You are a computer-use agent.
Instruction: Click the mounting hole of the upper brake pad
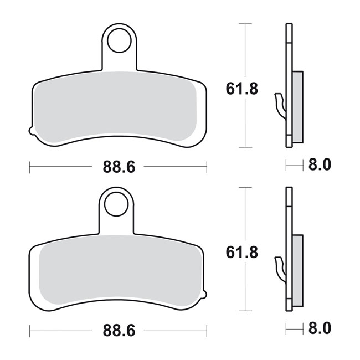click(x=119, y=40)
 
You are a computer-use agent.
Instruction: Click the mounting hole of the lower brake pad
click(x=116, y=204)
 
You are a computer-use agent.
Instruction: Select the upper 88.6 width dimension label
click(x=119, y=167)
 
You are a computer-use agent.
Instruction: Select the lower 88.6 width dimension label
click(x=119, y=331)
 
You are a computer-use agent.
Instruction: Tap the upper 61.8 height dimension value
click(x=242, y=89)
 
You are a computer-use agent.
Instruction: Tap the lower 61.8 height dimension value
click(x=242, y=253)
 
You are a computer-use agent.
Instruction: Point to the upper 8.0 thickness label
click(x=320, y=165)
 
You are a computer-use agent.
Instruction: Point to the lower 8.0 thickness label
click(x=320, y=328)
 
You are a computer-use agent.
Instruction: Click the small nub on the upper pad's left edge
click(x=32, y=130)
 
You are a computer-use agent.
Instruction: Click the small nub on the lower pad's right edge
click(x=204, y=294)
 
